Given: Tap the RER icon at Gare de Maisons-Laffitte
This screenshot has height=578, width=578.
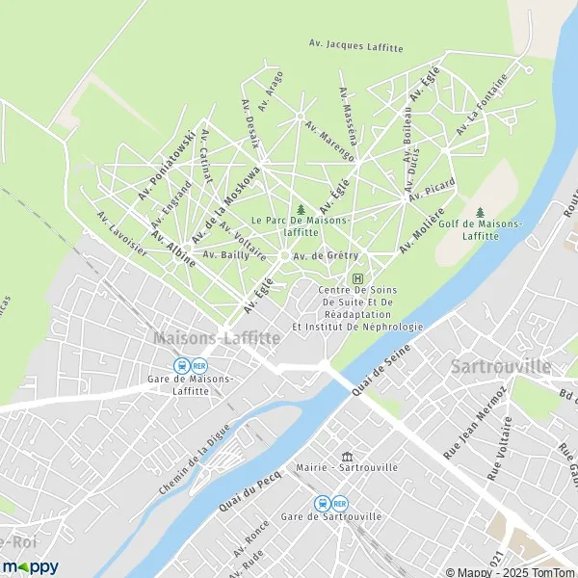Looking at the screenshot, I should [199, 366].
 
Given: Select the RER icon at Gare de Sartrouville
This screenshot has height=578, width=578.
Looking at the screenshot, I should [339, 503].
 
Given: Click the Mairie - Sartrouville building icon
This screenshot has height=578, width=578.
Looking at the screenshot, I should [347, 456].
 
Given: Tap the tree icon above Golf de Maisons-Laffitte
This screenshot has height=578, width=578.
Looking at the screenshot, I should [480, 212].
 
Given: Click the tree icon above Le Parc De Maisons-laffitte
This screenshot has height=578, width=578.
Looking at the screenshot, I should [302, 208].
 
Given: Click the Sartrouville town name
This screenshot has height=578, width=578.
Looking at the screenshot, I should [501, 367].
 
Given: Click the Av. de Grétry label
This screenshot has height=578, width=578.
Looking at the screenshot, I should [326, 255].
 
